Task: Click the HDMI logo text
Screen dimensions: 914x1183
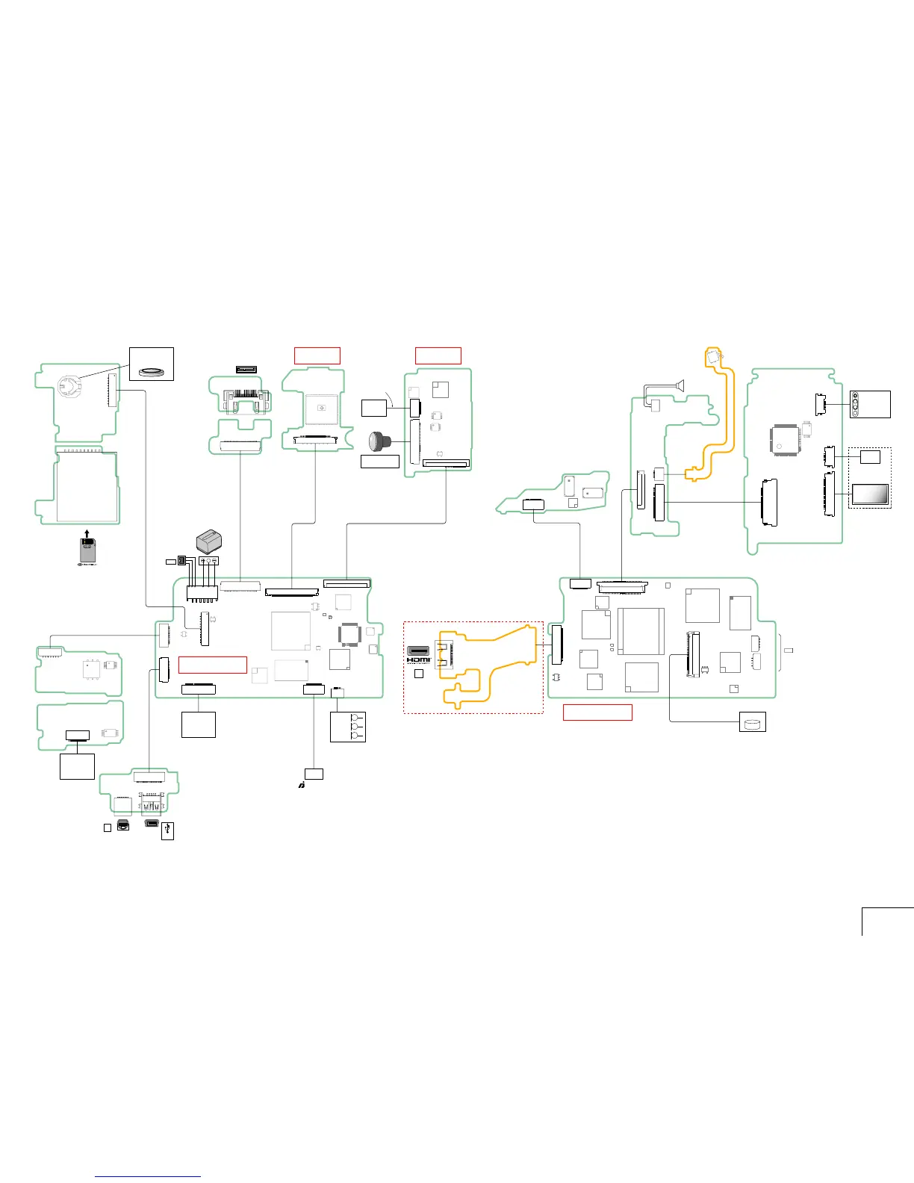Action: click(x=418, y=659)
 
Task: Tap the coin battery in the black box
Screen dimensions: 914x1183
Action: click(x=152, y=367)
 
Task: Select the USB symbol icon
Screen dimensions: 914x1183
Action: click(x=168, y=830)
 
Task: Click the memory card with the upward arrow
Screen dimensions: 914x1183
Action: click(x=87, y=550)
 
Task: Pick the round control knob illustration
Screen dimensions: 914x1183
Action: click(x=379, y=441)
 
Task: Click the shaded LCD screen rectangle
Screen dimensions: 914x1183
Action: click(x=870, y=494)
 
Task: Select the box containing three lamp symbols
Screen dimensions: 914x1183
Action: click(x=347, y=727)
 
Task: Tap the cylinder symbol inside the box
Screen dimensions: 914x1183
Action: click(x=752, y=723)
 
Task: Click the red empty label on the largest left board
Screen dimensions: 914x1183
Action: click(x=212, y=665)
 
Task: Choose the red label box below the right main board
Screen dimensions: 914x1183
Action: click(x=597, y=712)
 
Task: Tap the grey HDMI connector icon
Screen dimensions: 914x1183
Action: click(x=418, y=650)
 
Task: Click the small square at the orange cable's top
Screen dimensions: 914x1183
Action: click(x=714, y=356)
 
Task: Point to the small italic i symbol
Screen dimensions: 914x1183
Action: click(x=300, y=786)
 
